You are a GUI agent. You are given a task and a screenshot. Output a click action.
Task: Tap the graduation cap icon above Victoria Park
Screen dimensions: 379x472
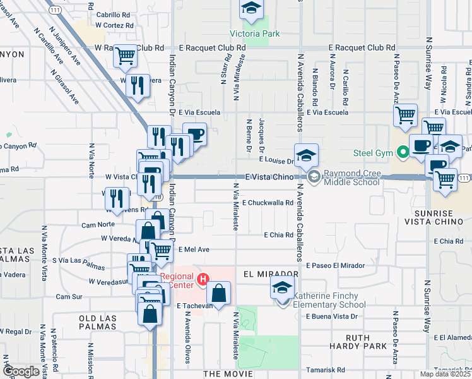251,9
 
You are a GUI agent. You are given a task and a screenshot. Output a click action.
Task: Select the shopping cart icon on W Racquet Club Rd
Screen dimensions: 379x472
126,56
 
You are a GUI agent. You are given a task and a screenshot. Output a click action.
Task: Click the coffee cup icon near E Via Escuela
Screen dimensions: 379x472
195,135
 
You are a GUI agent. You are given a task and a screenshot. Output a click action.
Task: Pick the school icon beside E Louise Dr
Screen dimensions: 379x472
306,155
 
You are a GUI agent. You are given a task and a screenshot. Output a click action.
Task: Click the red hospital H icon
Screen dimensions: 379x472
203,279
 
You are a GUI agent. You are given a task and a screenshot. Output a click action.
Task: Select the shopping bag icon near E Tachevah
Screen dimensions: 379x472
218,294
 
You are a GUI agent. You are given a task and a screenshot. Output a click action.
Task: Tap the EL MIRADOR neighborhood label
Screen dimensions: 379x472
270,274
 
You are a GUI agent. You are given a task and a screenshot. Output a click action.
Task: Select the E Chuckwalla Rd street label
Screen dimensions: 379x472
268,203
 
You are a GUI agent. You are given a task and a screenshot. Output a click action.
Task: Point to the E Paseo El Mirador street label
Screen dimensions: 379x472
335,265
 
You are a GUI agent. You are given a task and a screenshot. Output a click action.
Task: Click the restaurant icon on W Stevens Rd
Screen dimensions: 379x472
115,199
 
